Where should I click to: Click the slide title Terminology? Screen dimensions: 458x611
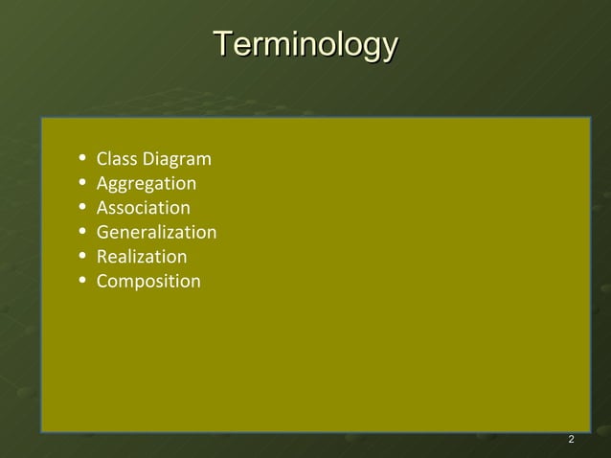[305, 44]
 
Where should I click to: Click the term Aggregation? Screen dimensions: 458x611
[147, 183]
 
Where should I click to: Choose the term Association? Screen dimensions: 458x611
[144, 208]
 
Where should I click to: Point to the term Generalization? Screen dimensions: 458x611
[156, 232]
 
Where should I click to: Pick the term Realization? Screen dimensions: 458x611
[142, 257]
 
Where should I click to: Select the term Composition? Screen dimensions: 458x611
[148, 282]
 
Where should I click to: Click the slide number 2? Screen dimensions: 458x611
[571, 439]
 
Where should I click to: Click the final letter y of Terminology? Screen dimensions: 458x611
[388, 48]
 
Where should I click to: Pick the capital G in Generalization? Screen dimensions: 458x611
[102, 232]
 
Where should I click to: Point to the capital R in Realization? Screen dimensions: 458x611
[102, 257]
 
